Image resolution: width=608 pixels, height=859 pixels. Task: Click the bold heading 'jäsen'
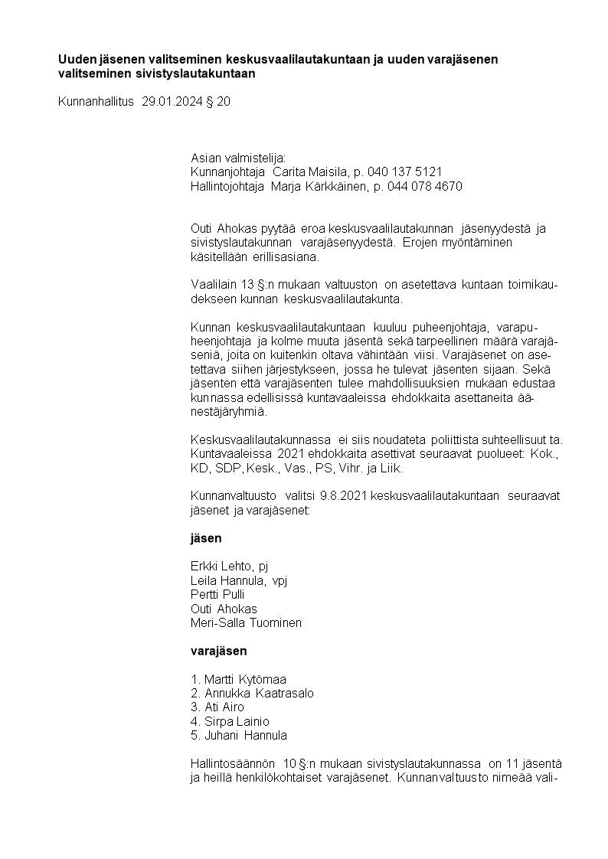pos(206,538)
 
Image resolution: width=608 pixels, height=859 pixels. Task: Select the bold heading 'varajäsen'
pos(218,652)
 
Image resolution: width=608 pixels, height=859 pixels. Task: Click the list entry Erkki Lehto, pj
pos(230,567)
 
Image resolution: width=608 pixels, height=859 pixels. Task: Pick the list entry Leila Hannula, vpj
pos(238,581)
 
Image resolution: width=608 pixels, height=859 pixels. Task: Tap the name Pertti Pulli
pos(217,595)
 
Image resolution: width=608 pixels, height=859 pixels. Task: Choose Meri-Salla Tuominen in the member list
pos(246,623)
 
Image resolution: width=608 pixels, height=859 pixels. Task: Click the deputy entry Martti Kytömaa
pos(238,680)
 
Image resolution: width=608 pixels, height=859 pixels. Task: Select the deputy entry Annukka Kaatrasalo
pos(252,694)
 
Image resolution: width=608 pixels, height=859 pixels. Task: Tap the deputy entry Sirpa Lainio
pos(230,721)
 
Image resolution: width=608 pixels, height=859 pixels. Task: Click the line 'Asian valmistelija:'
pos(237,158)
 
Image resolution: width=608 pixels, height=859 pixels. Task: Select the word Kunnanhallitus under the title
pos(96,101)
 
